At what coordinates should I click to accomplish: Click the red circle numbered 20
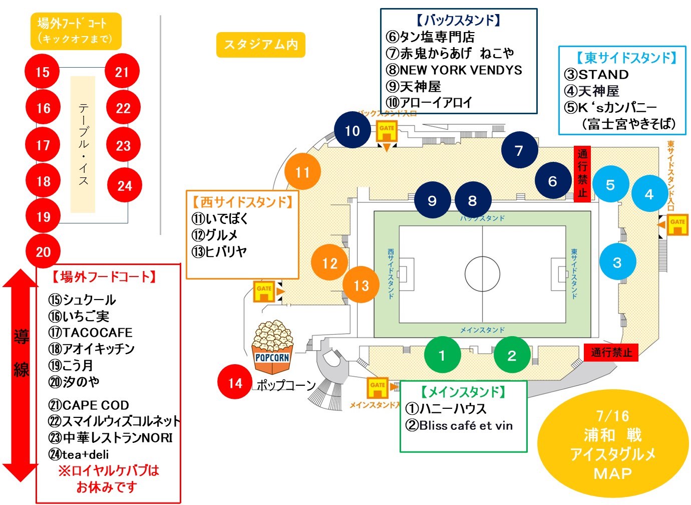43,251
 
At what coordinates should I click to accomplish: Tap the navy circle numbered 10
353,131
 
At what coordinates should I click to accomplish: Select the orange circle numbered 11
302,172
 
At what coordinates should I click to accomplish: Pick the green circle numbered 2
512,355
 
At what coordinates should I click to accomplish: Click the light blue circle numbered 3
617,262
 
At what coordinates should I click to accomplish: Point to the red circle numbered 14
235,383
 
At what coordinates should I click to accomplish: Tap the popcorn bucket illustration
272,347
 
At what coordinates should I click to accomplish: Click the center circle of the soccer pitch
482,274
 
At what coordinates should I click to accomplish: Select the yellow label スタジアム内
261,45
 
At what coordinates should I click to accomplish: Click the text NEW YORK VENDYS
460,70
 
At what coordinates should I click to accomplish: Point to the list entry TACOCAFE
97,333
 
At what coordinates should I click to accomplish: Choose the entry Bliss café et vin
466,426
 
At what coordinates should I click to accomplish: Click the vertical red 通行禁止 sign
582,173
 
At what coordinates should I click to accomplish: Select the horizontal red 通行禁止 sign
611,352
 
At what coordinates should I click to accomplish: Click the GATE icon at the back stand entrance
387,131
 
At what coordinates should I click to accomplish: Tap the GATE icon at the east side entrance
677,224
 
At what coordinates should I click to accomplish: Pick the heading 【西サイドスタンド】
242,202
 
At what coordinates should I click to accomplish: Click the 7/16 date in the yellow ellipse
612,416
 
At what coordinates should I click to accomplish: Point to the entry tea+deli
85,454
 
